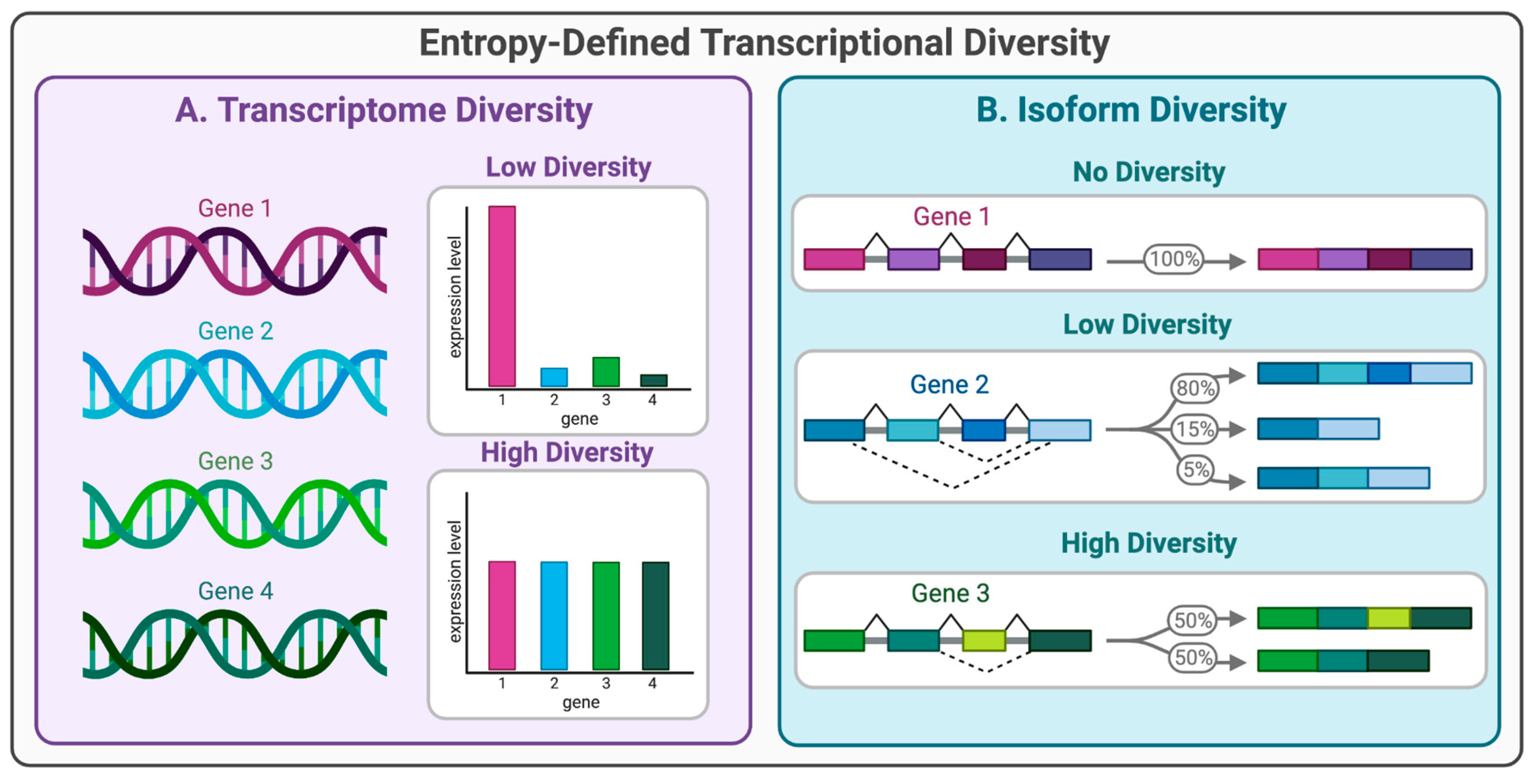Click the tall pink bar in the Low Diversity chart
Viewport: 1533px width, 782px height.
click(x=502, y=296)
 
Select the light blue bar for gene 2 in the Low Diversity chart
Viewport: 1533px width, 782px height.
click(x=554, y=377)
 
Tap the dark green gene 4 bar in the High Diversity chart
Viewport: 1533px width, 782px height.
click(x=655, y=616)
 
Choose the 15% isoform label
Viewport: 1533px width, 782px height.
click(x=1195, y=429)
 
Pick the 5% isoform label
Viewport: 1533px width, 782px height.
click(x=1195, y=470)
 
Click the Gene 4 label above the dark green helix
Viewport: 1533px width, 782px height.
click(x=235, y=591)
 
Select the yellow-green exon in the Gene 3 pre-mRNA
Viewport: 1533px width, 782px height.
click(x=984, y=641)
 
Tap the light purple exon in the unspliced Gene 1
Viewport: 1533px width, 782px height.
click(x=913, y=259)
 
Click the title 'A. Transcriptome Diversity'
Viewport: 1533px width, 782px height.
click(x=384, y=111)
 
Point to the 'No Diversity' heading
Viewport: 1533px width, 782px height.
click(x=1149, y=172)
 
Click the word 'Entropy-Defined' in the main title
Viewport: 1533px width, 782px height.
click(x=554, y=43)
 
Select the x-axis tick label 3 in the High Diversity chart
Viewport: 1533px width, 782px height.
click(x=606, y=684)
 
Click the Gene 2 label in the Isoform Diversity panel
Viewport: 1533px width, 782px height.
click(x=949, y=385)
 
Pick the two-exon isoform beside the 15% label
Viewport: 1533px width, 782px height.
click(x=1318, y=429)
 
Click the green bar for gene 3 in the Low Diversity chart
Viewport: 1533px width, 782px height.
click(x=606, y=372)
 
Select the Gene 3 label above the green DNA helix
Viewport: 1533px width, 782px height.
click(x=235, y=461)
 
